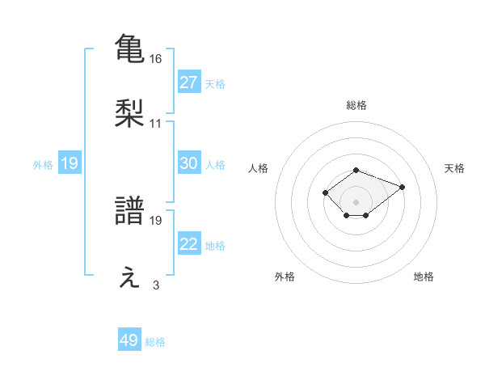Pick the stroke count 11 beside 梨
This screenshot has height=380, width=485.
pyautogui.click(x=156, y=124)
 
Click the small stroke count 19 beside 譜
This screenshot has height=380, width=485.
pyautogui.click(x=157, y=220)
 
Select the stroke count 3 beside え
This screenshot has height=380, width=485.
pyautogui.click(x=156, y=285)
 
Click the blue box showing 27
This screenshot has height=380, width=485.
pyautogui.click(x=189, y=82)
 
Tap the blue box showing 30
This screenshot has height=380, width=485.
pyautogui.click(x=189, y=163)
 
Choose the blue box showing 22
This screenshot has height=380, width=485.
pyautogui.click(x=189, y=244)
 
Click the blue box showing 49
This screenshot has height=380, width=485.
pyautogui.click(x=129, y=340)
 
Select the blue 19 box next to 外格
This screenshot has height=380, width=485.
pyautogui.click(x=70, y=163)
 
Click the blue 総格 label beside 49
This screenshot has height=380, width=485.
pyautogui.click(x=155, y=342)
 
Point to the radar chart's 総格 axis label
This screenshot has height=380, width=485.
pyautogui.click(x=356, y=105)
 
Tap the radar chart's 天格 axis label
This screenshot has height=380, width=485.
pyautogui.click(x=454, y=168)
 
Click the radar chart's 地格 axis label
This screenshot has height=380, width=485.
pyautogui.click(x=424, y=277)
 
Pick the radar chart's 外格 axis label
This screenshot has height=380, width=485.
pyautogui.click(x=285, y=277)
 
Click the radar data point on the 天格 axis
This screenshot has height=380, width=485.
pyautogui.click(x=402, y=187)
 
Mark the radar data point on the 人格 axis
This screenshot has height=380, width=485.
pyautogui.click(x=325, y=192)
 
